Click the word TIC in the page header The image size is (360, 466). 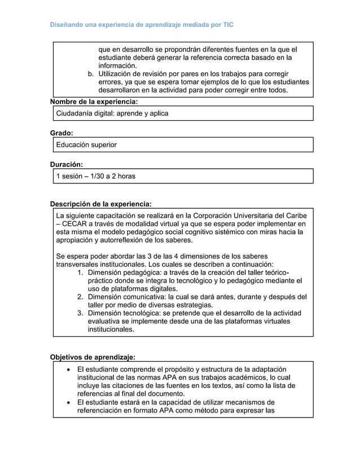[227, 25]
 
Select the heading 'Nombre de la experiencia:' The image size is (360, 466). [94, 102]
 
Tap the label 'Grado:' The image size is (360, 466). [62, 133]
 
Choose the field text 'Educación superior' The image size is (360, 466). [86, 145]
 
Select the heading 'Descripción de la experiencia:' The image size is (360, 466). [101, 204]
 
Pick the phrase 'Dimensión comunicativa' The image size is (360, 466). [131, 297]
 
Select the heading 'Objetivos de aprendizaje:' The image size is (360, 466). [93, 357]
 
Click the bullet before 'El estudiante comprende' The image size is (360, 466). [69, 370]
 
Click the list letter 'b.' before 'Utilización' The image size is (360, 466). [90, 74]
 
